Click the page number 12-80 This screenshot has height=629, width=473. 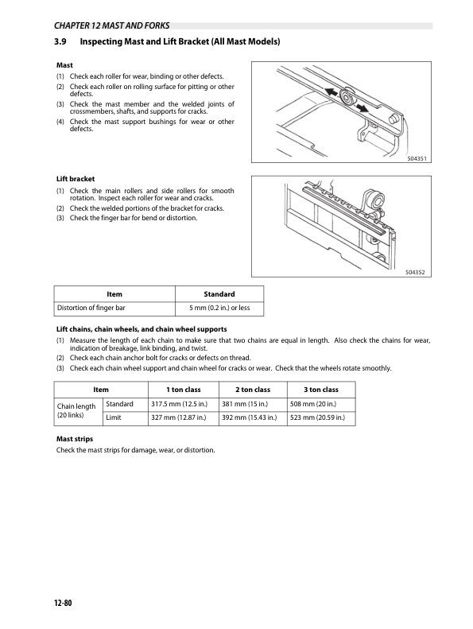tap(63, 603)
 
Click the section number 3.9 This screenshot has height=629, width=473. tap(60, 41)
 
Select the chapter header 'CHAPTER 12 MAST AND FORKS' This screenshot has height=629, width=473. tap(111, 25)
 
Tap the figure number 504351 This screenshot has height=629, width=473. tap(417, 158)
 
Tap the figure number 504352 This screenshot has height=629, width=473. tap(415, 273)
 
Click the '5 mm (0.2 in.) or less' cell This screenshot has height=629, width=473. tap(219, 308)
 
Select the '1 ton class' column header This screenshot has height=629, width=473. tap(184, 390)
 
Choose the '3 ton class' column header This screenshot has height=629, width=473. tap(321, 390)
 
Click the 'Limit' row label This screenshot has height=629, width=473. tap(114, 417)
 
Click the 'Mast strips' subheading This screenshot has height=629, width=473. tap(75, 439)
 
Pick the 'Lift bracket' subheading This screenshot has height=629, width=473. tap(76, 179)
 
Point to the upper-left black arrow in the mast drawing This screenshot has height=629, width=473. tap(331, 92)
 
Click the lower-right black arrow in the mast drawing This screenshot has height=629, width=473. tap(363, 108)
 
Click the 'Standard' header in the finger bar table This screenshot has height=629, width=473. tap(219, 294)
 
